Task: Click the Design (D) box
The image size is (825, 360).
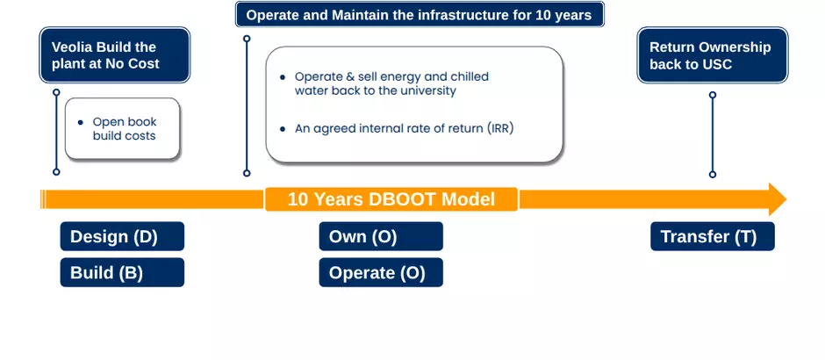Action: click(122, 236)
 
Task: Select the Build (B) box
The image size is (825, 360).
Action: click(122, 272)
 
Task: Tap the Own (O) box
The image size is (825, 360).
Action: click(381, 236)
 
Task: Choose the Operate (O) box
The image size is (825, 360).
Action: click(381, 272)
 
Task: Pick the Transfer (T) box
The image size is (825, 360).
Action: click(713, 236)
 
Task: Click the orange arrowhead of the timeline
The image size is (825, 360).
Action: click(777, 199)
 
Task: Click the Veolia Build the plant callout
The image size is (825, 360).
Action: click(115, 55)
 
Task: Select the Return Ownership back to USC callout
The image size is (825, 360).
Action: click(713, 55)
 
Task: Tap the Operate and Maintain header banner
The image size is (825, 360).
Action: click(420, 15)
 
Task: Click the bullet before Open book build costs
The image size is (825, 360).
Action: click(81, 123)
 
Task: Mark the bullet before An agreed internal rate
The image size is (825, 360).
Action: click(283, 129)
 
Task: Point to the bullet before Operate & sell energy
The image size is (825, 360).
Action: click(283, 77)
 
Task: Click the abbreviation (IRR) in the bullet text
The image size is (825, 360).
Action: click(499, 129)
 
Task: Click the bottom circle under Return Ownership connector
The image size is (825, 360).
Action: click(713, 174)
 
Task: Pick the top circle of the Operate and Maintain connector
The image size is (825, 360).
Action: click(247, 39)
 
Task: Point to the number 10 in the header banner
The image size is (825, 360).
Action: click(543, 15)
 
